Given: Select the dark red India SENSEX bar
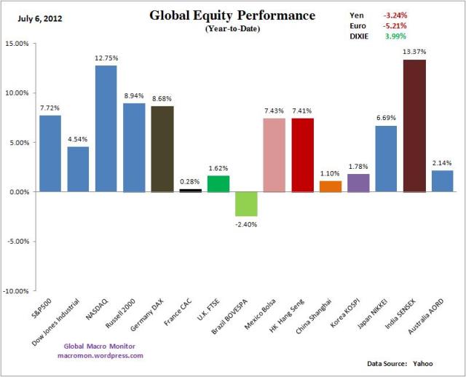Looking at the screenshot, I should click(414, 126).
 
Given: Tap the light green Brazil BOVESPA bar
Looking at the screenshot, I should click(247, 204).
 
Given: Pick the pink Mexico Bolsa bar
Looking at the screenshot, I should click(275, 155).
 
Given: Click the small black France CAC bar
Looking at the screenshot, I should click(191, 190).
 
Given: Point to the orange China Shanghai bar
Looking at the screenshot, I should click(331, 186).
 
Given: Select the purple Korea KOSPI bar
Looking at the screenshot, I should click(358, 183).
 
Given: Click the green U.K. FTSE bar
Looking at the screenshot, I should click(218, 183).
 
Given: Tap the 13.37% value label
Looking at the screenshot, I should click(414, 52).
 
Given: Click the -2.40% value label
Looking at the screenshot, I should click(247, 223).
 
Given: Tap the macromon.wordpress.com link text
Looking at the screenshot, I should click(100, 355).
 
